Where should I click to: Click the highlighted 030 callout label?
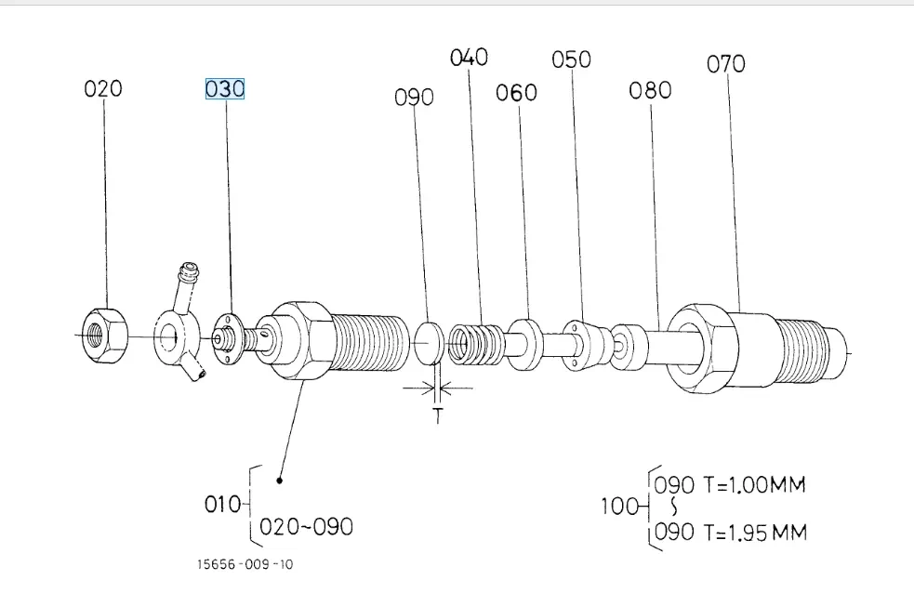(x=225, y=89)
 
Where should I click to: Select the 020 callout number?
(x=103, y=89)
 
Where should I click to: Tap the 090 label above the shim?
(x=415, y=97)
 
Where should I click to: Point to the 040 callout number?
(x=469, y=58)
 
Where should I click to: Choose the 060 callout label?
(x=516, y=93)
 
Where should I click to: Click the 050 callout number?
(x=571, y=59)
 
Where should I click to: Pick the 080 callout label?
(x=650, y=90)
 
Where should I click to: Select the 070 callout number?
(x=726, y=64)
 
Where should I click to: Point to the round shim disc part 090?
(x=428, y=342)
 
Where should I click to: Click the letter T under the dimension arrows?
(x=438, y=416)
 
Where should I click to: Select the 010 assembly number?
(x=223, y=505)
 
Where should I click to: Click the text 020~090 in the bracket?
(x=307, y=526)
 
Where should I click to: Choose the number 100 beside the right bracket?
(x=618, y=507)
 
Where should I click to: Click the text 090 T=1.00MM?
(x=730, y=484)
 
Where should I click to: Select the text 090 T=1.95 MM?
(x=731, y=532)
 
